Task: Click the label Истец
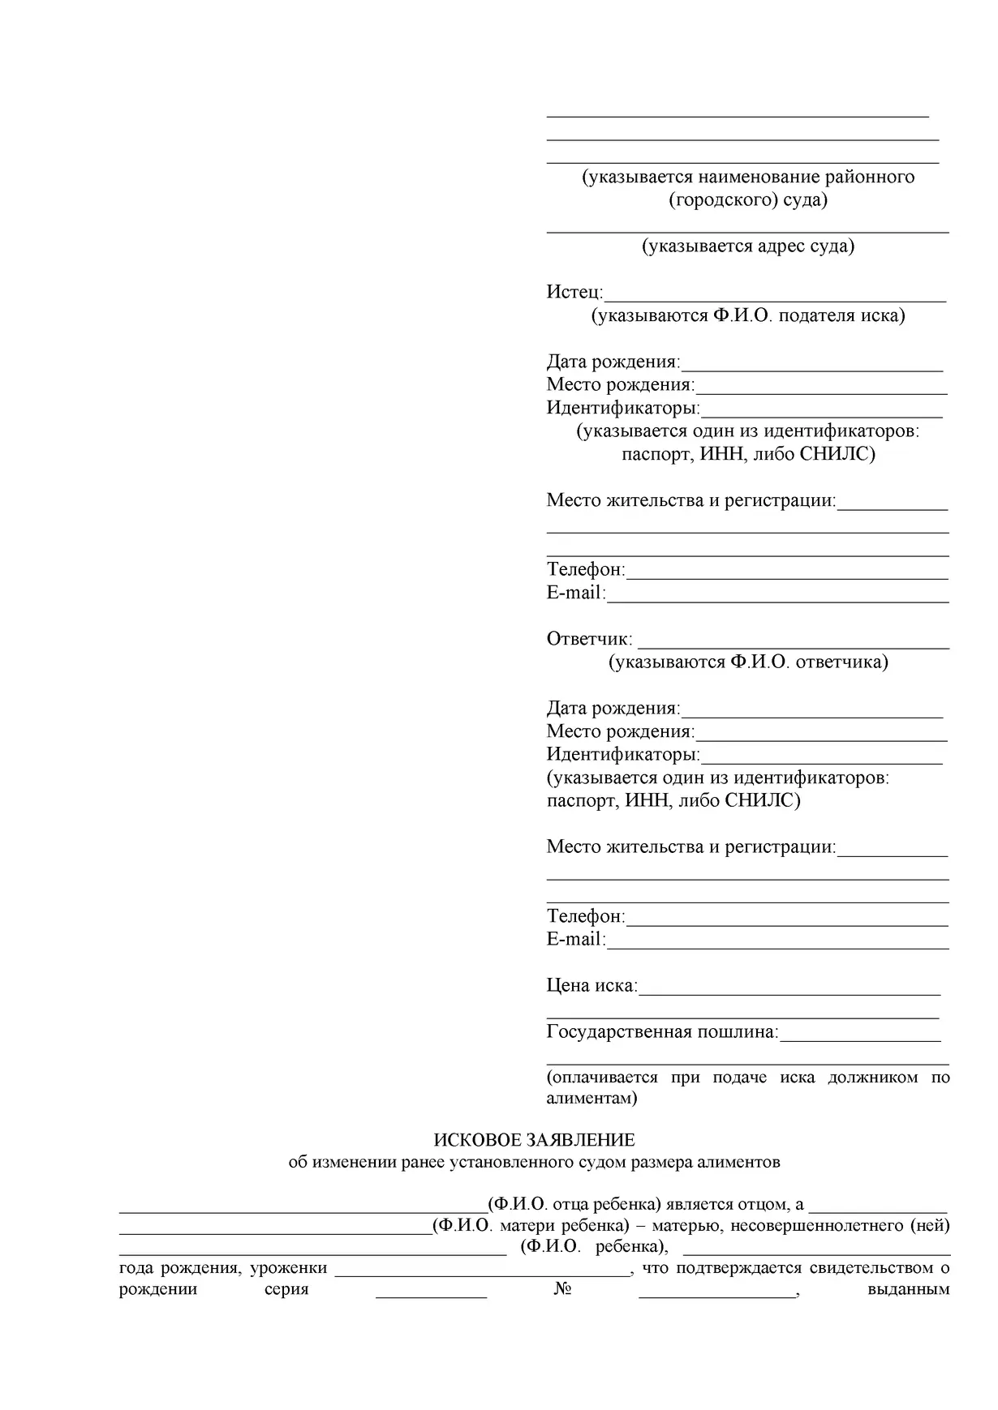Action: click(574, 292)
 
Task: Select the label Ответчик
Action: click(588, 639)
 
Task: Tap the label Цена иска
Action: click(591, 986)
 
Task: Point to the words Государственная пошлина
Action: click(661, 1032)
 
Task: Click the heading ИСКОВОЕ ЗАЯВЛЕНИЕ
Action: click(534, 1140)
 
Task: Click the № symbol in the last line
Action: click(562, 1289)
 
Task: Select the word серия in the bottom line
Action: click(286, 1289)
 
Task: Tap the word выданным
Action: click(908, 1289)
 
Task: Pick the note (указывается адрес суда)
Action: click(747, 246)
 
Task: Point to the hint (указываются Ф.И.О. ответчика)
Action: click(748, 662)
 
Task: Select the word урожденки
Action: click(288, 1267)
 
